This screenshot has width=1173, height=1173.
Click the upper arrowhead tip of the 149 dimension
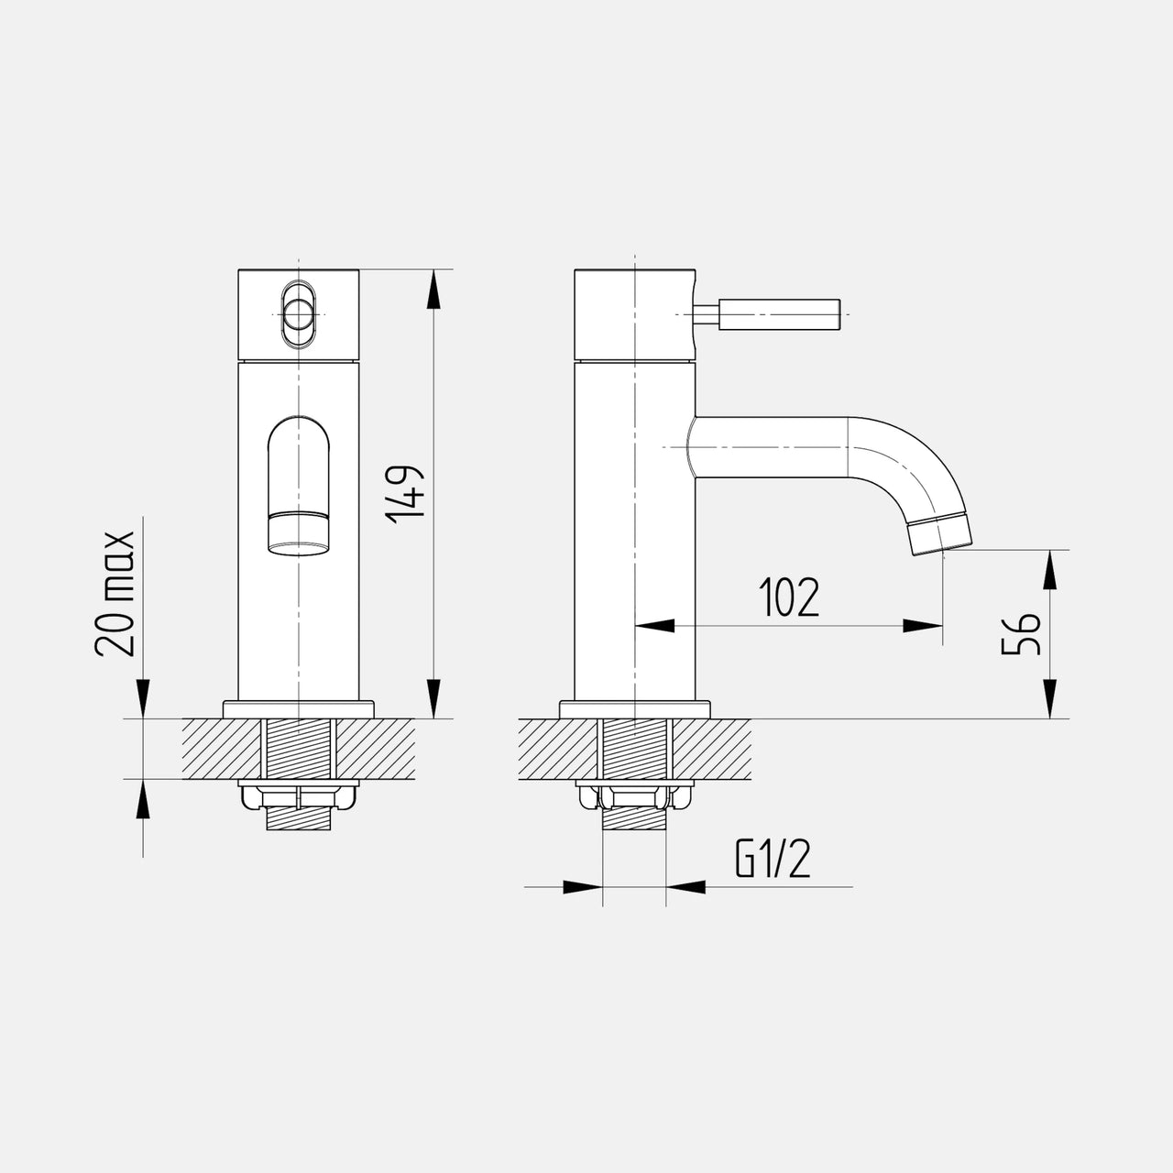point(433,269)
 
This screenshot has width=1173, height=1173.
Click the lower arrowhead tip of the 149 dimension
point(433,718)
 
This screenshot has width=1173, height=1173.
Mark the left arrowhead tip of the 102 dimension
point(635,626)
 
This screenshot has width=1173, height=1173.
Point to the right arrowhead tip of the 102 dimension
point(943,626)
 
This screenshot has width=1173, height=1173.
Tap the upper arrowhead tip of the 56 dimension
point(1050,550)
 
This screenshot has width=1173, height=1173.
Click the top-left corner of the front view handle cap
point(238,269)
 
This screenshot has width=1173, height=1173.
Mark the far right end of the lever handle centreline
point(849,314)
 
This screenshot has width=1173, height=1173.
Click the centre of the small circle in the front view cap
point(298,314)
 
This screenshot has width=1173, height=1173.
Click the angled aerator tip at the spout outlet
point(941,534)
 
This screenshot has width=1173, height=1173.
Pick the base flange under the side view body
point(635,710)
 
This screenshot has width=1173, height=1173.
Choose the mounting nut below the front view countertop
point(298,797)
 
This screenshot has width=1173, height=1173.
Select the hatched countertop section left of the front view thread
point(222,749)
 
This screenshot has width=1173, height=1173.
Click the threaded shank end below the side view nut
point(634,820)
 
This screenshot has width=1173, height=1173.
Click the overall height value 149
point(404,495)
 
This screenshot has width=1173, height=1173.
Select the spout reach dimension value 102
point(789,597)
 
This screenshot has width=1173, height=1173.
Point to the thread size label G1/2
point(773,859)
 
